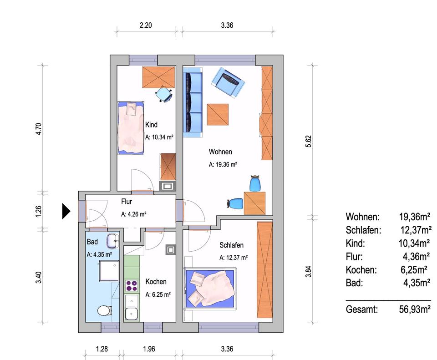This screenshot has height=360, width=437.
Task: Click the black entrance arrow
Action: (66, 211)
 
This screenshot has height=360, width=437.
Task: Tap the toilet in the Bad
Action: (105, 310)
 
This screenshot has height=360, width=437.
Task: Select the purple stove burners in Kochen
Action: (132, 286)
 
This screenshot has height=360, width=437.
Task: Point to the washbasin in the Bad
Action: (113, 241)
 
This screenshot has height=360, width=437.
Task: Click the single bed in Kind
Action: (131, 127)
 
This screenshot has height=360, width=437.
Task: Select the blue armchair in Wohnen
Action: (228, 82)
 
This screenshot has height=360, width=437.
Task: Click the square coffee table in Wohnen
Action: (218, 115)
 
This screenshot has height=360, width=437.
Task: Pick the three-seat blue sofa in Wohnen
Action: (193, 102)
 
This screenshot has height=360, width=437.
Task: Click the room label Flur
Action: (127, 202)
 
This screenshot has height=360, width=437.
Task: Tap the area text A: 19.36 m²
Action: (223, 164)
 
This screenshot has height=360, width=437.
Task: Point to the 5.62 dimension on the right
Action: (308, 141)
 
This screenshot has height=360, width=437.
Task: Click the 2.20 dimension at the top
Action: (146, 25)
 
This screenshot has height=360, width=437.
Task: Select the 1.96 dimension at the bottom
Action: (149, 349)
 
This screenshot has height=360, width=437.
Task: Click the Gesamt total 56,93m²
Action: (415, 309)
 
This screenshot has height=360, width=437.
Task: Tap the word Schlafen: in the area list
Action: (363, 230)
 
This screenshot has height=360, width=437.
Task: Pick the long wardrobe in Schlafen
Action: (265, 270)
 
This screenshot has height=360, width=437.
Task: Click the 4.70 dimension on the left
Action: (39, 129)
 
